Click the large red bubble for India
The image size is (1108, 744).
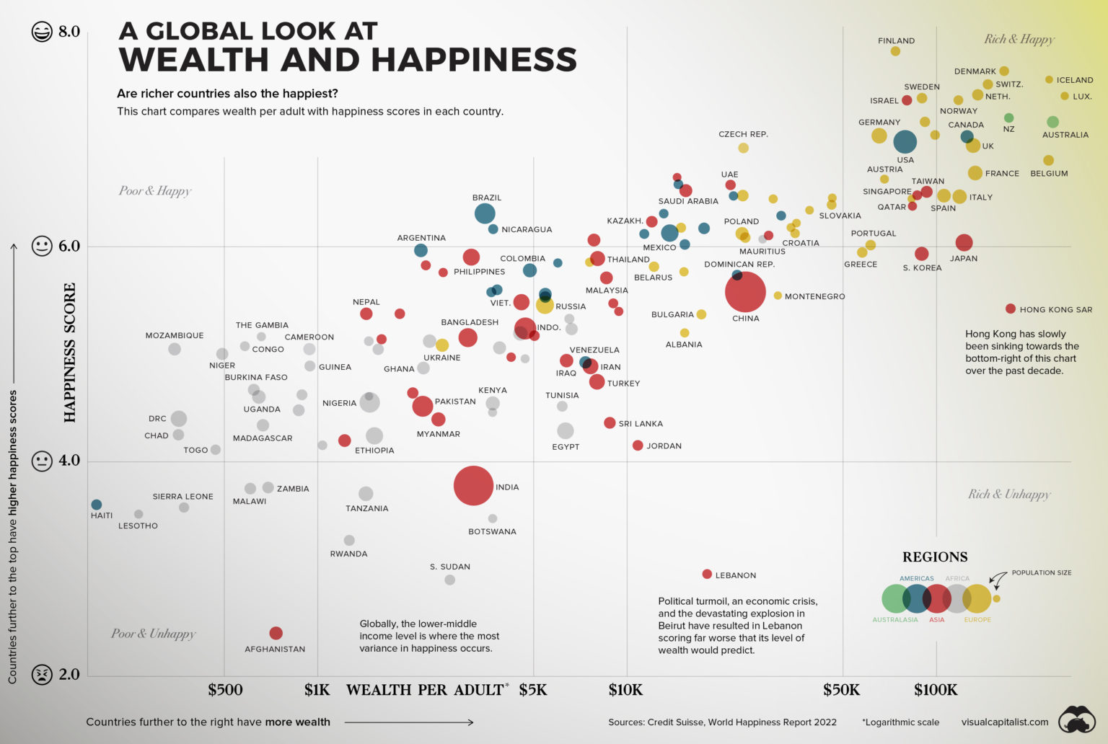tap(473, 485)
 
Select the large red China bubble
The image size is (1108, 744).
tap(744, 291)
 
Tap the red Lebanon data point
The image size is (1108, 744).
tap(707, 574)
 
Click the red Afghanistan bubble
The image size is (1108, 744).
tap(276, 633)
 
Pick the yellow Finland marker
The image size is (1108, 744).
tap(895, 51)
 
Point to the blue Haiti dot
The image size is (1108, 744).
tap(97, 505)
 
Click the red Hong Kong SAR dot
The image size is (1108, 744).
tap(1011, 309)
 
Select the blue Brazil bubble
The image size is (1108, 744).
tap(485, 213)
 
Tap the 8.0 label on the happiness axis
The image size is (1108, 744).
tap(69, 32)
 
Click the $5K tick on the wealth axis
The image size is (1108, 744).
tap(533, 690)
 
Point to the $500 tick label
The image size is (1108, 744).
tap(225, 690)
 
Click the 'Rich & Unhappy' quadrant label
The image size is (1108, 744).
tap(1008, 494)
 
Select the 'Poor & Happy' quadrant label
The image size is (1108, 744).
tap(155, 190)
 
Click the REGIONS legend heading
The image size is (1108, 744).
tap(935, 557)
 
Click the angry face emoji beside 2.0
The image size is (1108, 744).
tap(42, 675)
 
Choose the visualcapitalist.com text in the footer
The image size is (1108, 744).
tap(1004, 722)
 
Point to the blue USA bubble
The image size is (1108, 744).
tap(905, 142)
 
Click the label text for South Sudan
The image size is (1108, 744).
tap(450, 567)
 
